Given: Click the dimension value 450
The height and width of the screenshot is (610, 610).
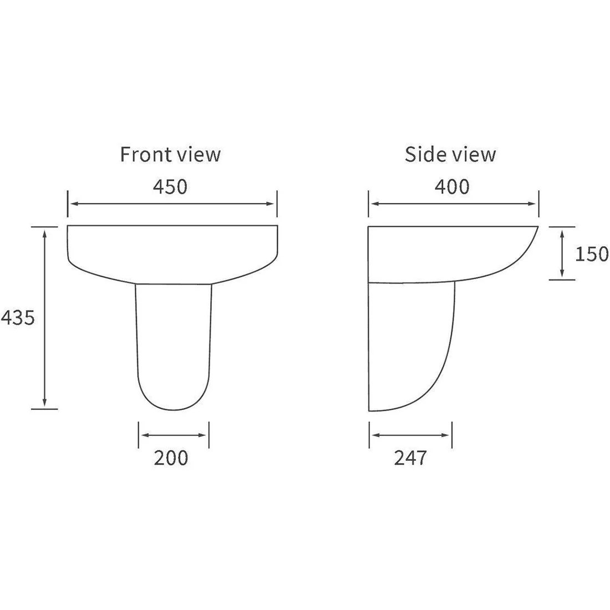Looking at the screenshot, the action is [170, 187].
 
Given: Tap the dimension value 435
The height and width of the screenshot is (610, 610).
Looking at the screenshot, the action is [18, 317].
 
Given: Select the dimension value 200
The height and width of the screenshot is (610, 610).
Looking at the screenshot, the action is [171, 458].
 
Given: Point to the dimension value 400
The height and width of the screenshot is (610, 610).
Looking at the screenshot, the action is [452, 187].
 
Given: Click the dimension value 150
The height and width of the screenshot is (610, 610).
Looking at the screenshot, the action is [592, 254].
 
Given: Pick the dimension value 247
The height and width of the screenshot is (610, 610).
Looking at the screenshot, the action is [410, 458].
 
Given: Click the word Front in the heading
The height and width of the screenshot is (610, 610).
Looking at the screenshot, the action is [145, 154].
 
